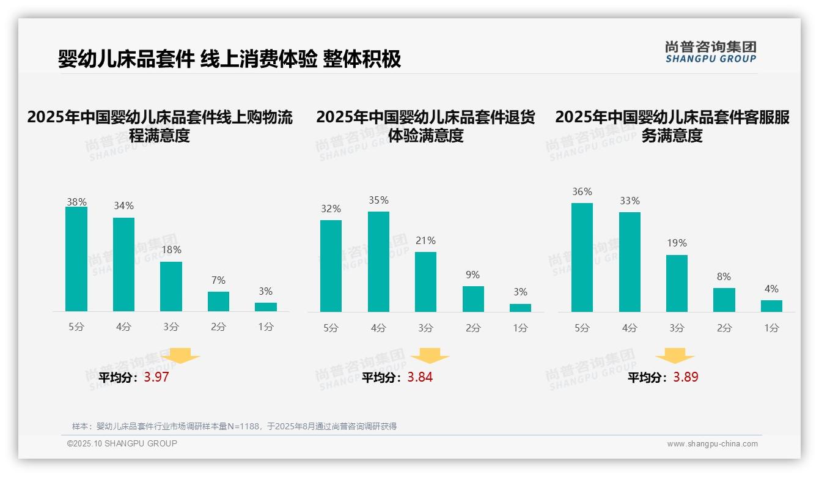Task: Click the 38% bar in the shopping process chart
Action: (76, 259)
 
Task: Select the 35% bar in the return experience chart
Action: (378, 262)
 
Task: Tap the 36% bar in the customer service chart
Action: (582, 257)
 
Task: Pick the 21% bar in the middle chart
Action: (425, 282)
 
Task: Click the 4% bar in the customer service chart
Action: (771, 306)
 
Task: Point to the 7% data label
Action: (218, 281)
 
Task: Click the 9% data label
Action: (472, 275)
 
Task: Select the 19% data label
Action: (677, 243)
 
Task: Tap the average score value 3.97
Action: (156, 377)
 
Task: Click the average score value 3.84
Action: (420, 377)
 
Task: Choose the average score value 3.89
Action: (686, 377)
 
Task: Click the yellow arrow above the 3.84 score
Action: (430, 356)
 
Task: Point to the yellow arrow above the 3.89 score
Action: (675, 356)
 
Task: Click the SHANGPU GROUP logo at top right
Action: (711, 52)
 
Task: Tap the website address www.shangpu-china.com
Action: (712, 444)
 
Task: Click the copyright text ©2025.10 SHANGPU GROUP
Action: (122, 443)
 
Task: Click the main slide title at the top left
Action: (229, 59)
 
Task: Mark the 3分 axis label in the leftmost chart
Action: (171, 327)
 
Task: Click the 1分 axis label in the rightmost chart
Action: (771, 328)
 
